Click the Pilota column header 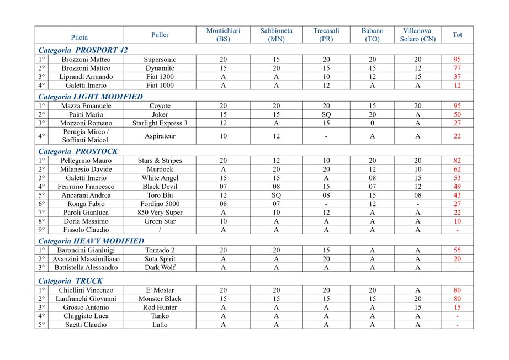79,35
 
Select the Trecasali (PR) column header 326,35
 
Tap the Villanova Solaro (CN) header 417,35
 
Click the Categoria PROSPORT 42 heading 83,50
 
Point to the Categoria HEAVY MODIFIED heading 91,241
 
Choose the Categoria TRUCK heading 70,281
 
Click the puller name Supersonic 160,60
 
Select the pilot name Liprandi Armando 86,77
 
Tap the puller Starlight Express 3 160,123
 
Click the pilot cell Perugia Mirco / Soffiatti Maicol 86,136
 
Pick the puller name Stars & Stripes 160,161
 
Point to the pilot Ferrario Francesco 86,187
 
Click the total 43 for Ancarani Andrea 457,195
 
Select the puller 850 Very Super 160,213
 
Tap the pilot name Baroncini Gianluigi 86,250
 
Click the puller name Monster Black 160,299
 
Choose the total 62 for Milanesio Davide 457,170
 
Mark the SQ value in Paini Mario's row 326,114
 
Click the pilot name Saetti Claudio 86,325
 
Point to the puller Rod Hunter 160,308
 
